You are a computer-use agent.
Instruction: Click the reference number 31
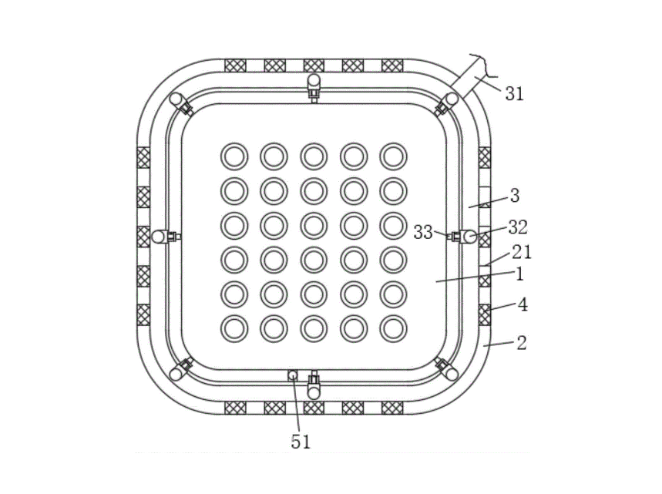click(x=514, y=94)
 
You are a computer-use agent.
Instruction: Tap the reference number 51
click(x=301, y=442)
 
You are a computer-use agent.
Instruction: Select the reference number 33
click(x=423, y=232)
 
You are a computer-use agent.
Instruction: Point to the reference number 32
click(x=518, y=227)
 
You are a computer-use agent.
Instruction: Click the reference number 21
click(x=522, y=252)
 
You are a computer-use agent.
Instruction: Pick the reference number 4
click(x=523, y=304)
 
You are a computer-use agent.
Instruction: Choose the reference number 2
click(x=522, y=343)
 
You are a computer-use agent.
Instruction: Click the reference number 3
click(x=515, y=196)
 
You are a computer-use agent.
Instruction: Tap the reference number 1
click(x=519, y=274)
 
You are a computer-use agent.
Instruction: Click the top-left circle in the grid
click(x=234, y=156)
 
